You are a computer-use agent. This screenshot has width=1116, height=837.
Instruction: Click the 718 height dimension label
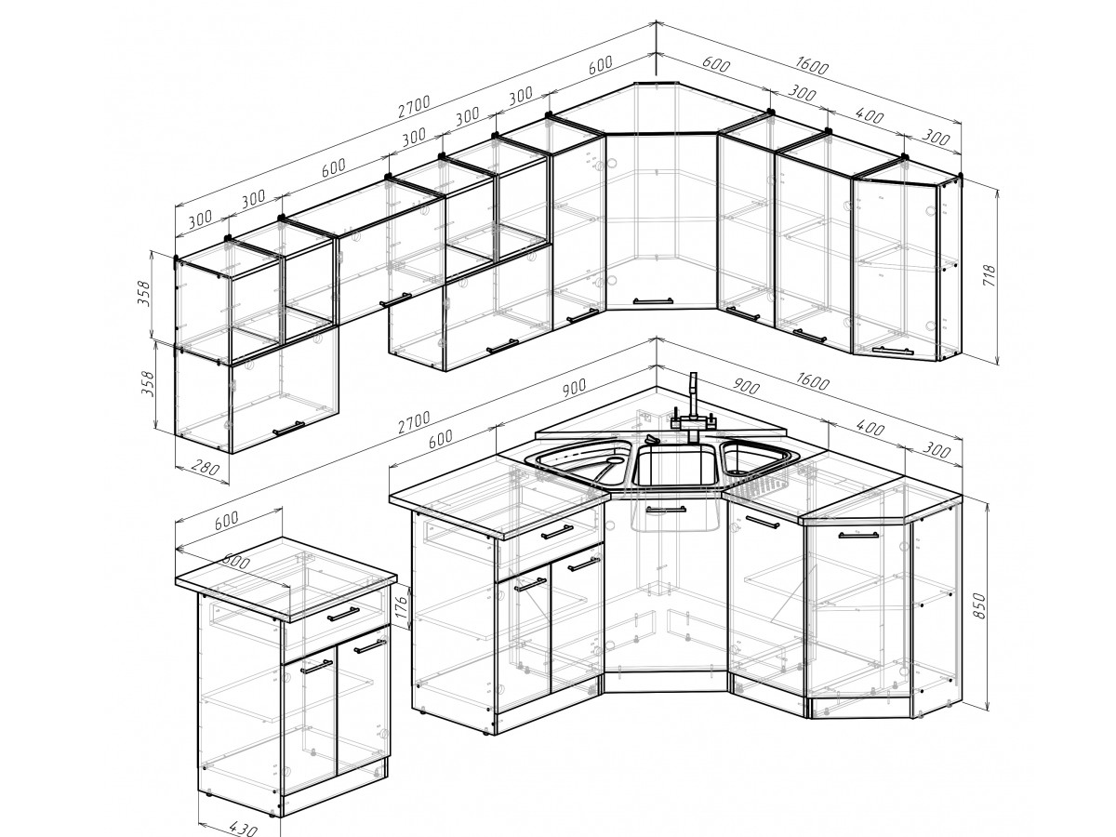point(989,275)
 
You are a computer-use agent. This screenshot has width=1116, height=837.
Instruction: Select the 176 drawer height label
point(401,606)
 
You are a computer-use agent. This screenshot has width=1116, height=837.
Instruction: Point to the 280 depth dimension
point(205,468)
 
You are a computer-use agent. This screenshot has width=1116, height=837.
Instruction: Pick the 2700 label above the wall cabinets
point(414,106)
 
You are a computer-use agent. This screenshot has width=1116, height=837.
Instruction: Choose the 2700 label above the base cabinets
point(414,422)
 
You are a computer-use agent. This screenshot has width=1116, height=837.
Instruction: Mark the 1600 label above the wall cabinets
point(812,65)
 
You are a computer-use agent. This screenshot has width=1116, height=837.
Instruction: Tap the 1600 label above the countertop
point(812,380)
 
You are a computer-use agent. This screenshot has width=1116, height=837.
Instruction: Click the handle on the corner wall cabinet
point(653,300)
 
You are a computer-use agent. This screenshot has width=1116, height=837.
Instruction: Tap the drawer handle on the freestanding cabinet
point(343,614)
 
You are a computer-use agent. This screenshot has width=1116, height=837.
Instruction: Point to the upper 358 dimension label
point(144,293)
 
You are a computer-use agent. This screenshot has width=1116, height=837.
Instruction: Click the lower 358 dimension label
point(148,385)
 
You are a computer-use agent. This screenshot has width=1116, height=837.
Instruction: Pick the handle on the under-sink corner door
point(665,510)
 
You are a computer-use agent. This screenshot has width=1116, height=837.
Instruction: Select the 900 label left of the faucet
point(575,387)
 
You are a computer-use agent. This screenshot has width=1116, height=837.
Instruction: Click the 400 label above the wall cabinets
point(870,116)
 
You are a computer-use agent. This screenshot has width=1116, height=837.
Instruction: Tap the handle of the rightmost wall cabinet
point(893,351)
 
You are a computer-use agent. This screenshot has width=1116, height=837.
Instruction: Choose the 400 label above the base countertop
point(870,429)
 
